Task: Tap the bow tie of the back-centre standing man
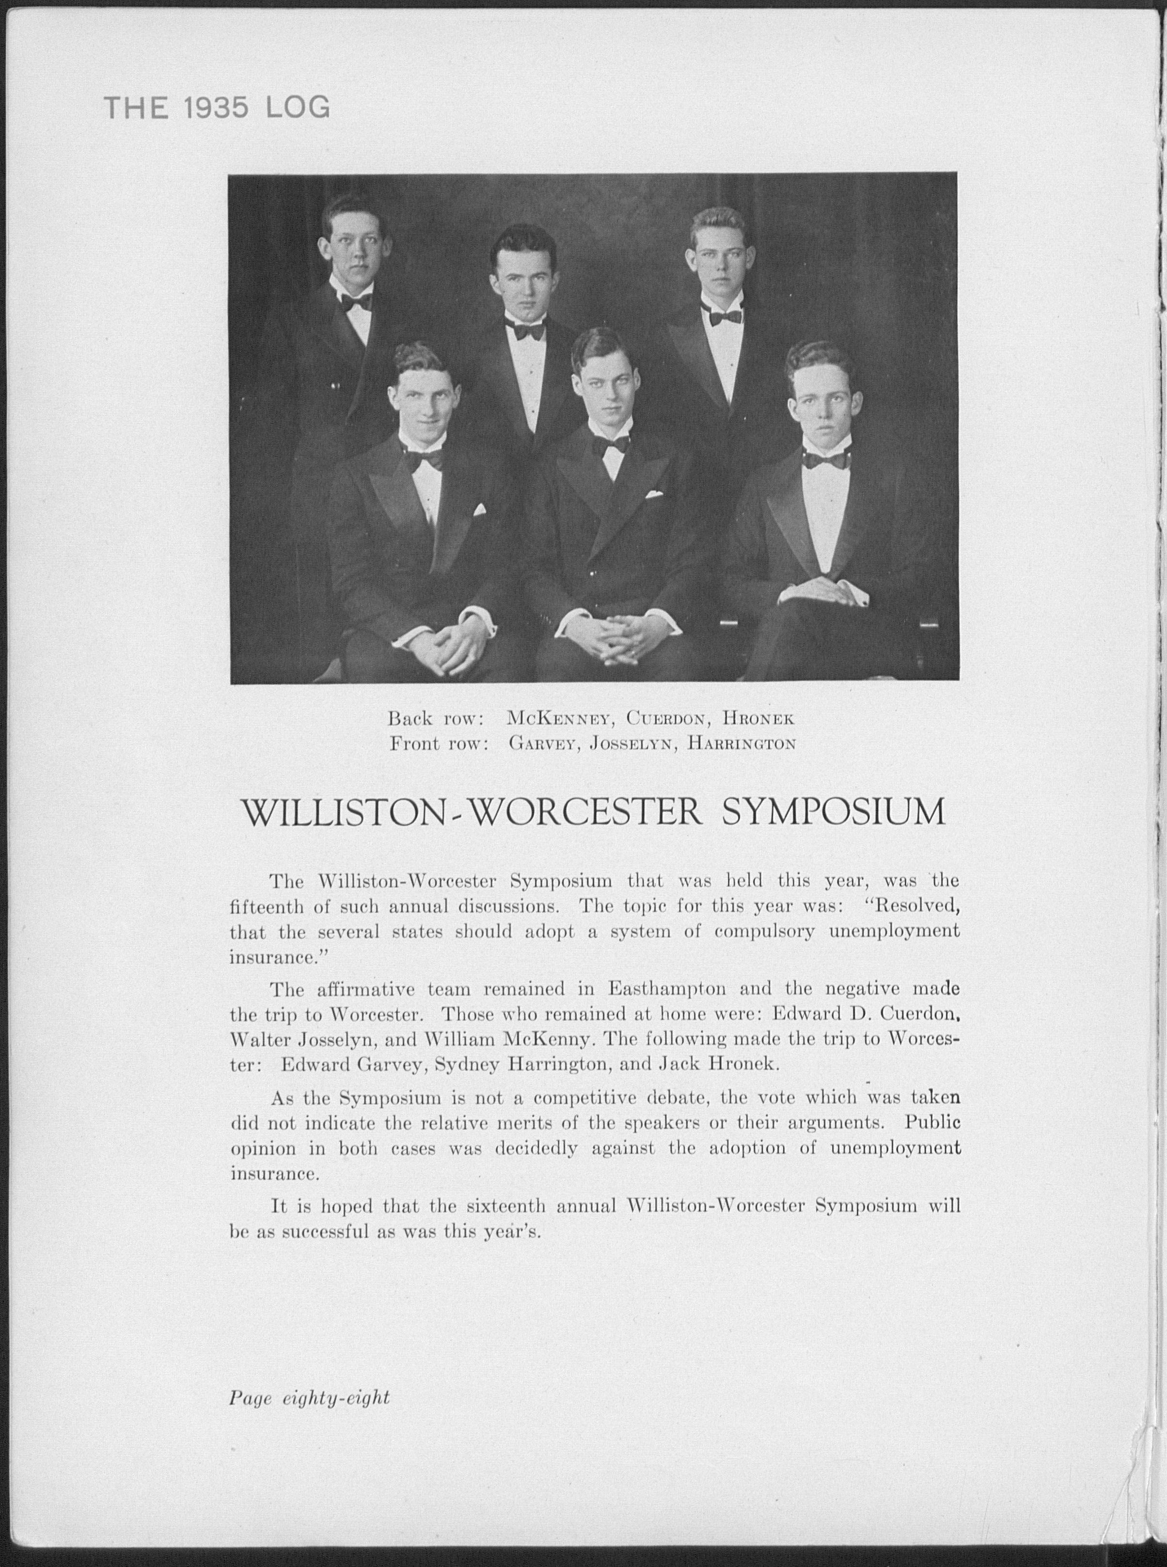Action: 525,330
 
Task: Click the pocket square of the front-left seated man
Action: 480,510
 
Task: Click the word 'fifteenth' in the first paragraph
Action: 267,906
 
